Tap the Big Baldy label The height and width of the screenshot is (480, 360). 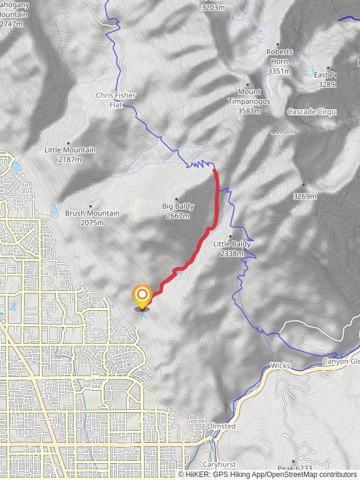(x=178, y=206)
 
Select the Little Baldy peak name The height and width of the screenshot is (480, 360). (x=231, y=244)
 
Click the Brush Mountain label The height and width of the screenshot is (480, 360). (x=92, y=213)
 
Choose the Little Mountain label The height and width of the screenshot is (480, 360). (x=70, y=150)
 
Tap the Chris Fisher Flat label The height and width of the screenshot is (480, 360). (x=116, y=100)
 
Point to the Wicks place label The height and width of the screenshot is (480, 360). (x=280, y=365)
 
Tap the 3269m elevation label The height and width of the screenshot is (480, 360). (x=304, y=196)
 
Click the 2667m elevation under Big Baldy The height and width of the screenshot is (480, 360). (x=178, y=215)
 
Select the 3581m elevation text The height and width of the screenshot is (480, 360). (x=249, y=111)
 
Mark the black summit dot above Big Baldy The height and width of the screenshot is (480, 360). (x=176, y=199)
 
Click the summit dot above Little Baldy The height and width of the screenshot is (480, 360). (x=230, y=236)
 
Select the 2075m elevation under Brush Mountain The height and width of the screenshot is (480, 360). (x=92, y=223)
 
